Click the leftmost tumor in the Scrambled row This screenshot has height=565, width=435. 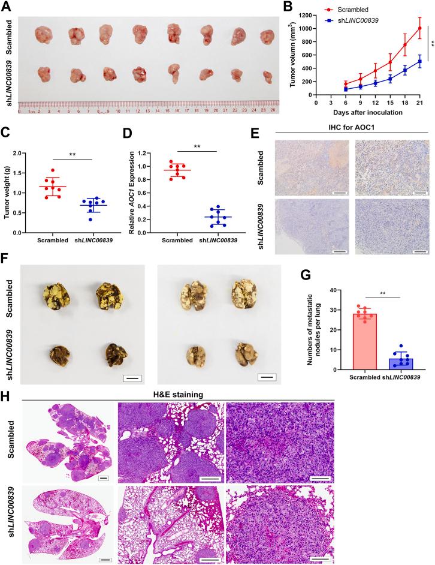(44, 35)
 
